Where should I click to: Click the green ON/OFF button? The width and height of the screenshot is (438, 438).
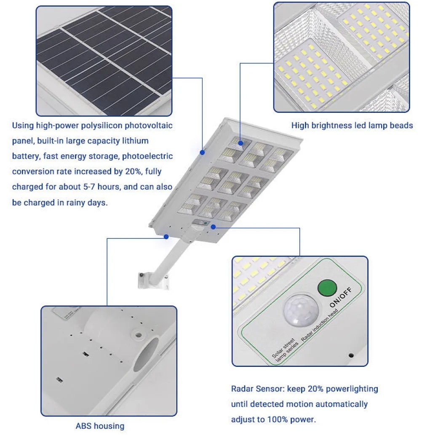pos(327,288)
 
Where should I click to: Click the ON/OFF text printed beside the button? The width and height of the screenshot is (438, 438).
pos(341,297)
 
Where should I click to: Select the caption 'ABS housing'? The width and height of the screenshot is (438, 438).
pos(100,426)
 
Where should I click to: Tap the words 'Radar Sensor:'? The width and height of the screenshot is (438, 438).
pos(258,389)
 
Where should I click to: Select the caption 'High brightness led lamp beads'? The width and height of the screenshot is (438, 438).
pos(352,126)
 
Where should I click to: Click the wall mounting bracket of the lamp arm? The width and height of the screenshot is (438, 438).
pos(153,280)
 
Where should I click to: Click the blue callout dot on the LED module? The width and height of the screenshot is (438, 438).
pos(240,143)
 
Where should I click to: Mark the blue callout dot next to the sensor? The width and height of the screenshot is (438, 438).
pos(214,227)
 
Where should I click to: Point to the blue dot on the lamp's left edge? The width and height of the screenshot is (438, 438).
pos(202,152)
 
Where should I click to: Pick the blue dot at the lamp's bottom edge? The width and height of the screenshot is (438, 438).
pos(166,237)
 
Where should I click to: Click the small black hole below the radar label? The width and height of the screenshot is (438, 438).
pos(351,355)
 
